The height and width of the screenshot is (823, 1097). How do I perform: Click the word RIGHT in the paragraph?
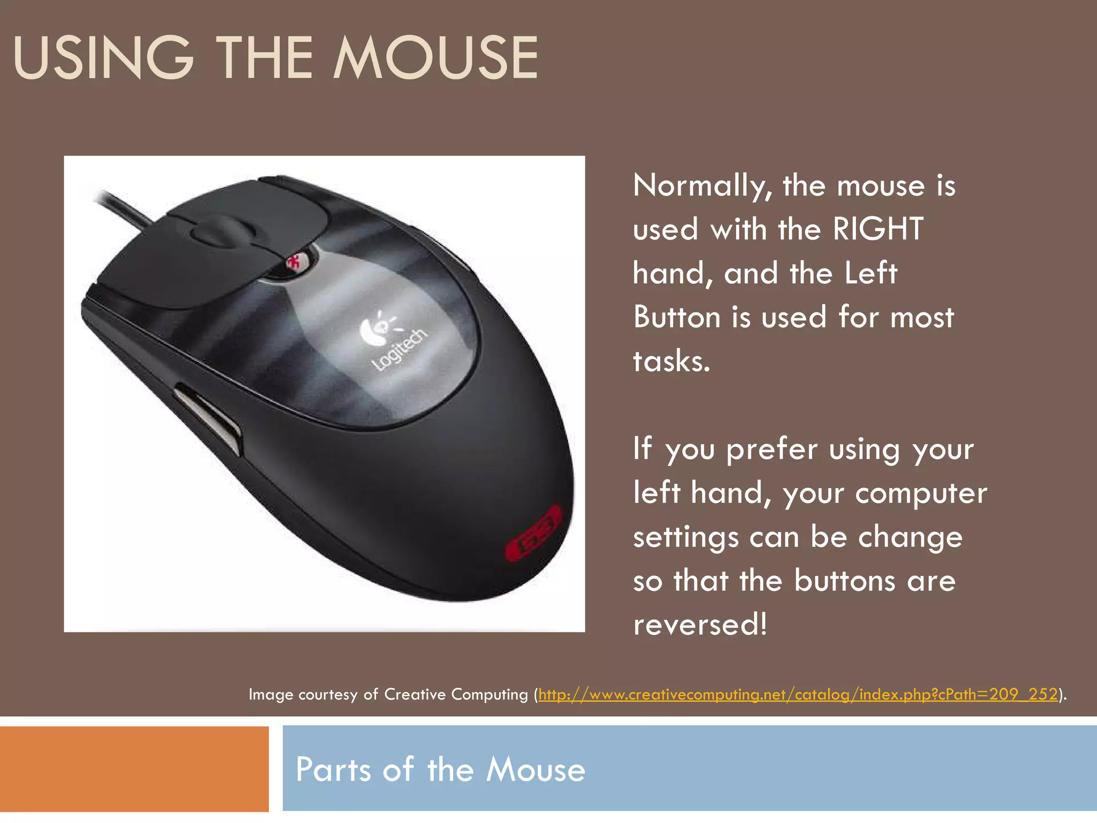point(878,229)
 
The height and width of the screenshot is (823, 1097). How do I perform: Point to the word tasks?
point(671,361)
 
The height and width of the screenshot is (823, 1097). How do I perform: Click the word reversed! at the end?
point(700,625)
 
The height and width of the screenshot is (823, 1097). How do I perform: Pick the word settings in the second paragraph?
point(686,537)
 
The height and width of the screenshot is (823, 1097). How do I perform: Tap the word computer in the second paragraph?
point(921,493)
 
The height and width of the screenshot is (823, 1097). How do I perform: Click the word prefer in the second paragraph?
point(771,450)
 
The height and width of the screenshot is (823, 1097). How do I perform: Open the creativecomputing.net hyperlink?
point(798,694)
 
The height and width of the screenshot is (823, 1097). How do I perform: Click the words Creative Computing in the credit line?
point(456,694)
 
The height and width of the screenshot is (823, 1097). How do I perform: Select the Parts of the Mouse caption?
point(440,769)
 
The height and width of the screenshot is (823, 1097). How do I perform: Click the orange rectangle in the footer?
point(134,769)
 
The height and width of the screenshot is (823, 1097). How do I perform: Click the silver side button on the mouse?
point(209,416)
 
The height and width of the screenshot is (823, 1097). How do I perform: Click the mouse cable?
point(123,207)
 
